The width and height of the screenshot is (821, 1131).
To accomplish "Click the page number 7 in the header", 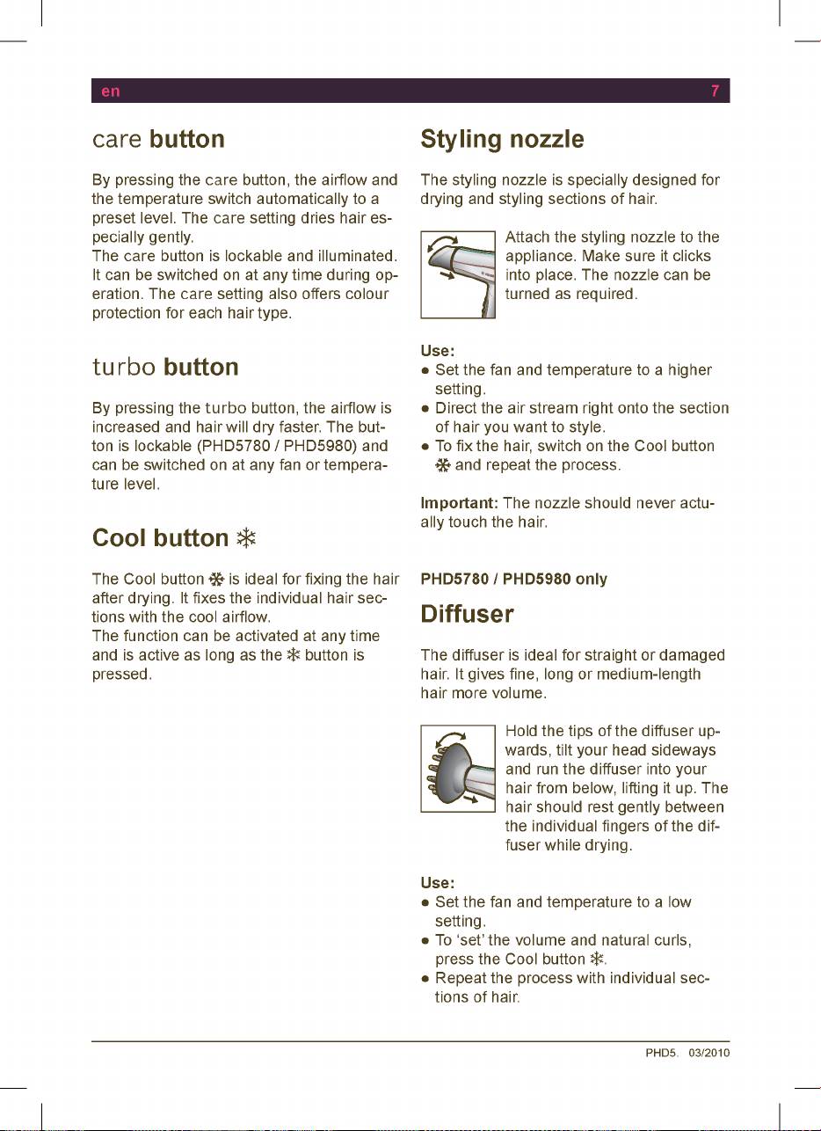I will click(x=717, y=91).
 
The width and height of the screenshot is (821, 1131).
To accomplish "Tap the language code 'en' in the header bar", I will click(x=110, y=91).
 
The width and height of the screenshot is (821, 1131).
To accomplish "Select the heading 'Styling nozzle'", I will click(x=502, y=140).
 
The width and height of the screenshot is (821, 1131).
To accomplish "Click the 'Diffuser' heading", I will click(x=467, y=614).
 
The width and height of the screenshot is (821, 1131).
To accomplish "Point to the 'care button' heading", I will click(x=158, y=140).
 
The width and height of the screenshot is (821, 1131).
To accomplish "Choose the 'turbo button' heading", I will click(x=165, y=367).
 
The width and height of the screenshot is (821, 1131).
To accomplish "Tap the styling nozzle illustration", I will click(x=458, y=274).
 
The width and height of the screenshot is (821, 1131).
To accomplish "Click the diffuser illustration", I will click(x=458, y=768).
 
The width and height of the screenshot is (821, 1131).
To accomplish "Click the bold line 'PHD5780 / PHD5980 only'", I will click(x=514, y=580).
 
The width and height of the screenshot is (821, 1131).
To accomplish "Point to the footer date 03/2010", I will click(x=710, y=1053).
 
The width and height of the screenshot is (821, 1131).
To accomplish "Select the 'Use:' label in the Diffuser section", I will click(x=437, y=883).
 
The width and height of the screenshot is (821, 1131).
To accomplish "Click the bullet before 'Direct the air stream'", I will click(x=425, y=409).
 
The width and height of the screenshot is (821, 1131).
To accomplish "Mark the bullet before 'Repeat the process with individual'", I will click(x=425, y=979).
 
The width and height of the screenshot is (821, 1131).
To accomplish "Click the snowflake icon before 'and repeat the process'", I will click(x=443, y=465).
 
